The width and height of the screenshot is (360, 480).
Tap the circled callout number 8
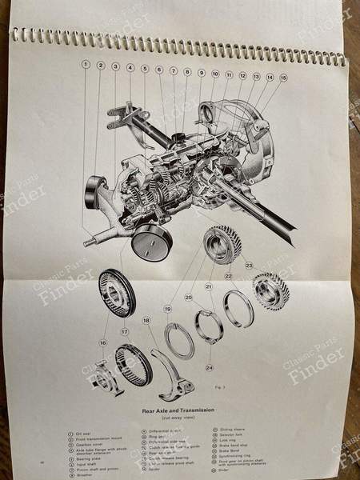point(187,72)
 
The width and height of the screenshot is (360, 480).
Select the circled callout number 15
point(283,78)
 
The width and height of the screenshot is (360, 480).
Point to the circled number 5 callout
point(144,69)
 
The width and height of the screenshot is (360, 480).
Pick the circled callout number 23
point(249,264)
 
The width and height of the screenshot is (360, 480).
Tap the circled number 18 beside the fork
point(146,320)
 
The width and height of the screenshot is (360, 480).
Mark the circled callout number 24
point(209,367)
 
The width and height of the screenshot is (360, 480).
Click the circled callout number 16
point(102,342)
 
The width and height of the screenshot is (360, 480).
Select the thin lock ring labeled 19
point(179,341)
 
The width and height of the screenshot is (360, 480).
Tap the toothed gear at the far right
point(270,290)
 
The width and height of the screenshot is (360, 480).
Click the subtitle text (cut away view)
point(179,418)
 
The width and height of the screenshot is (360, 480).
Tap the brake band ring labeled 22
point(238,309)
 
